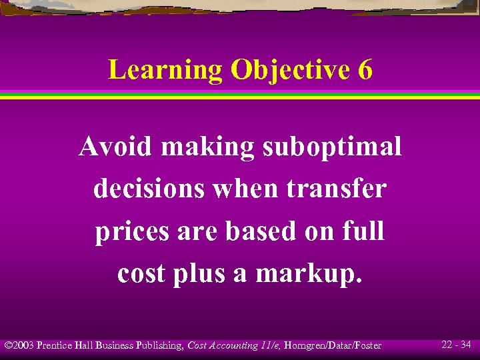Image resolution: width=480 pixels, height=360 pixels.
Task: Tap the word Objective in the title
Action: pos(289,70)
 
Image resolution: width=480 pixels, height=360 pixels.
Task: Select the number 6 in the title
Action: pos(365,70)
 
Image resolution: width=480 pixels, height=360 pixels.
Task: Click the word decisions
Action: pos(149,189)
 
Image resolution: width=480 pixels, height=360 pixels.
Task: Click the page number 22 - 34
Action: pos(456,345)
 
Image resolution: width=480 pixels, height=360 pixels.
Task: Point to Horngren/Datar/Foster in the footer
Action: pos(334,345)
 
